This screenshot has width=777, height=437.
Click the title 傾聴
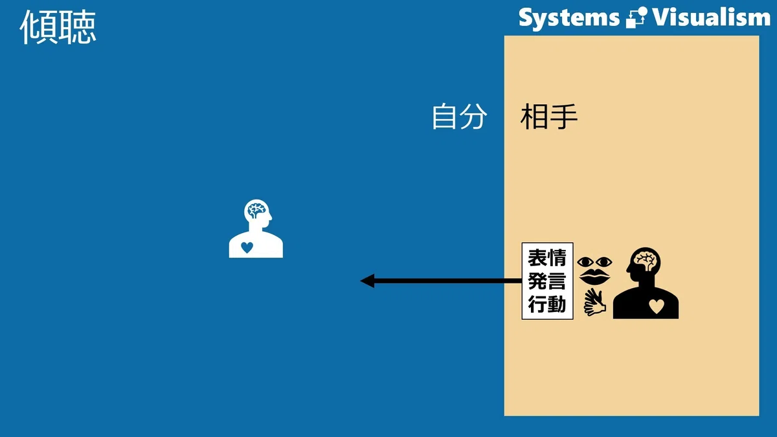click(x=58, y=27)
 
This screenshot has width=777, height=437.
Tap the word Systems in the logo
click(x=569, y=19)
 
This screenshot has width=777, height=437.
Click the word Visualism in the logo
click(x=711, y=17)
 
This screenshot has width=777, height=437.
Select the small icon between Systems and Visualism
click(x=636, y=17)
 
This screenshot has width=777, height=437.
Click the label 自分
click(x=460, y=117)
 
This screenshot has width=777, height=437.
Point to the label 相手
click(x=549, y=117)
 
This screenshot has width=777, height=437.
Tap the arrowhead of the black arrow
click(x=367, y=280)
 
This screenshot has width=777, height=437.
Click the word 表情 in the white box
click(x=547, y=258)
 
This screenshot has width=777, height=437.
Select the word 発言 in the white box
click(x=547, y=280)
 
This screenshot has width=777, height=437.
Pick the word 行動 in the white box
click(x=547, y=304)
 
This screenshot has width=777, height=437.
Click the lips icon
click(x=594, y=277)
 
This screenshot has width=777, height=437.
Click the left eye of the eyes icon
click(x=585, y=262)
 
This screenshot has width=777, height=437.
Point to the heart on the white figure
click(x=247, y=247)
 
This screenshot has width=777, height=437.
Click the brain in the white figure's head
click(x=256, y=210)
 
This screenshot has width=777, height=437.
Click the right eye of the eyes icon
click(x=604, y=262)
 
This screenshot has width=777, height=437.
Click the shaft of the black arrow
click(x=448, y=280)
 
